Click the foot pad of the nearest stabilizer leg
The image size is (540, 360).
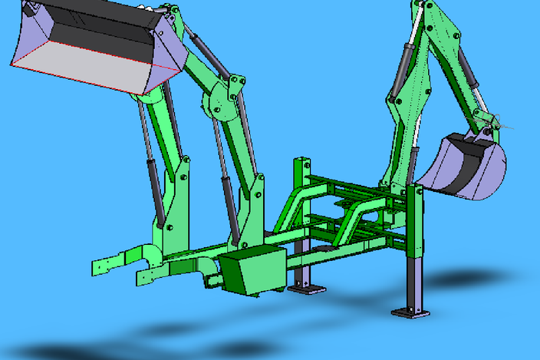pyautogui.click(x=410, y=312)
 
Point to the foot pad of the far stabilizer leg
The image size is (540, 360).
pyautogui.click(x=306, y=289)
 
